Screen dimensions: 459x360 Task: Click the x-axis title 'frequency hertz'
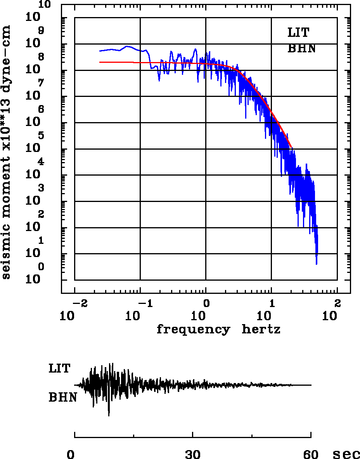pos(218,330)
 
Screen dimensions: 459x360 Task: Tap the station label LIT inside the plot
pos(298,33)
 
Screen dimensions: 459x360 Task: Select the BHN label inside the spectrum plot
pos(301,49)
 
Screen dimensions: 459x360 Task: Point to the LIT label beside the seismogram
pos(59,368)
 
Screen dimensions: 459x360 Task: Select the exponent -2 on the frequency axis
pos(78,302)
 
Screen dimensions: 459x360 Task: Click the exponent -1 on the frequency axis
pos(144,302)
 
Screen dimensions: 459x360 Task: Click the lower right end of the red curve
pos(291,147)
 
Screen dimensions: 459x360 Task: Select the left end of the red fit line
pos(100,62)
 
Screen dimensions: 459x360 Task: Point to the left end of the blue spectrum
pos(100,51)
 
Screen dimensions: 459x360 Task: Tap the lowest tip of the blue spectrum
pos(317,264)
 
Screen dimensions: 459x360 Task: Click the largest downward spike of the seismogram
pos(109,416)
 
